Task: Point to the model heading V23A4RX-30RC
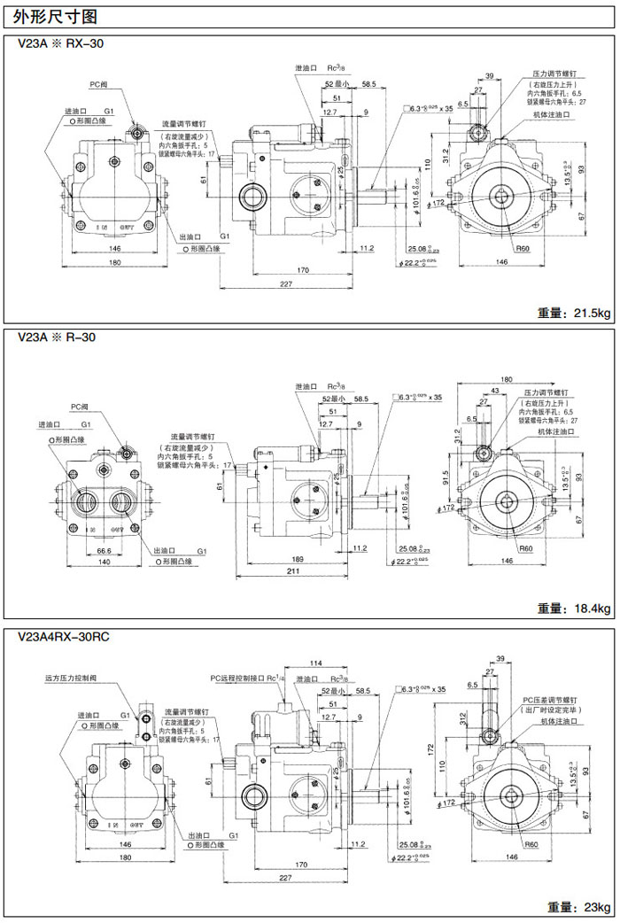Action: pos(63,636)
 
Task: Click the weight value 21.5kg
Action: pos(575,313)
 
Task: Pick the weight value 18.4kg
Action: pos(575,609)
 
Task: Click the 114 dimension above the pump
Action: pos(314,664)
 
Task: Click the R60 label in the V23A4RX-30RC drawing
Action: pos(531,844)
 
